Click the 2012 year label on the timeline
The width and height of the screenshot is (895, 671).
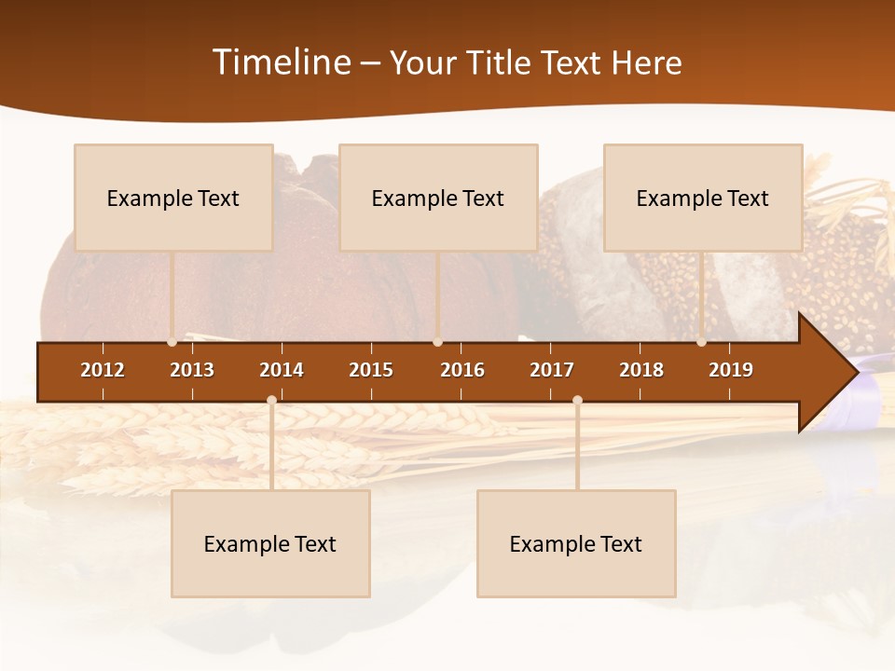click(x=103, y=370)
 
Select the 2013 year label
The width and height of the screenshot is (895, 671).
click(x=192, y=370)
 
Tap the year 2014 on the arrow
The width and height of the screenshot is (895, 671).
click(x=282, y=370)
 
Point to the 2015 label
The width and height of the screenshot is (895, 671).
click(x=371, y=370)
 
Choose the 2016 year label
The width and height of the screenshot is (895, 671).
click(x=462, y=370)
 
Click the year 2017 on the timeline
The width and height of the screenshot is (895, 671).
click(x=552, y=370)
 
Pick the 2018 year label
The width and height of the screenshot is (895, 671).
click(x=641, y=370)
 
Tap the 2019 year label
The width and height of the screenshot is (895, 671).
click(x=731, y=370)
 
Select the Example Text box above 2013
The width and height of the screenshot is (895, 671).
click(x=173, y=198)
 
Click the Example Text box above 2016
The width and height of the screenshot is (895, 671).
click(x=438, y=198)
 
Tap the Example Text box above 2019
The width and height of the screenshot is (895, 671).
click(x=703, y=198)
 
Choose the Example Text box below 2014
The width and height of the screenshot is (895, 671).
click(x=270, y=543)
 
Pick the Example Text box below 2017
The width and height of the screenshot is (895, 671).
click(x=576, y=543)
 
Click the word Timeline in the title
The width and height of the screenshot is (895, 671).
click(x=281, y=62)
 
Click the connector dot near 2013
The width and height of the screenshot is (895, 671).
click(x=172, y=342)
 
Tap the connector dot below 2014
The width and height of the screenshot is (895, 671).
click(x=271, y=400)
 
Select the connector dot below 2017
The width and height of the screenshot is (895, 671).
click(x=577, y=400)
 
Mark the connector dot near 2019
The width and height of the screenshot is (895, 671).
click(x=701, y=342)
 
